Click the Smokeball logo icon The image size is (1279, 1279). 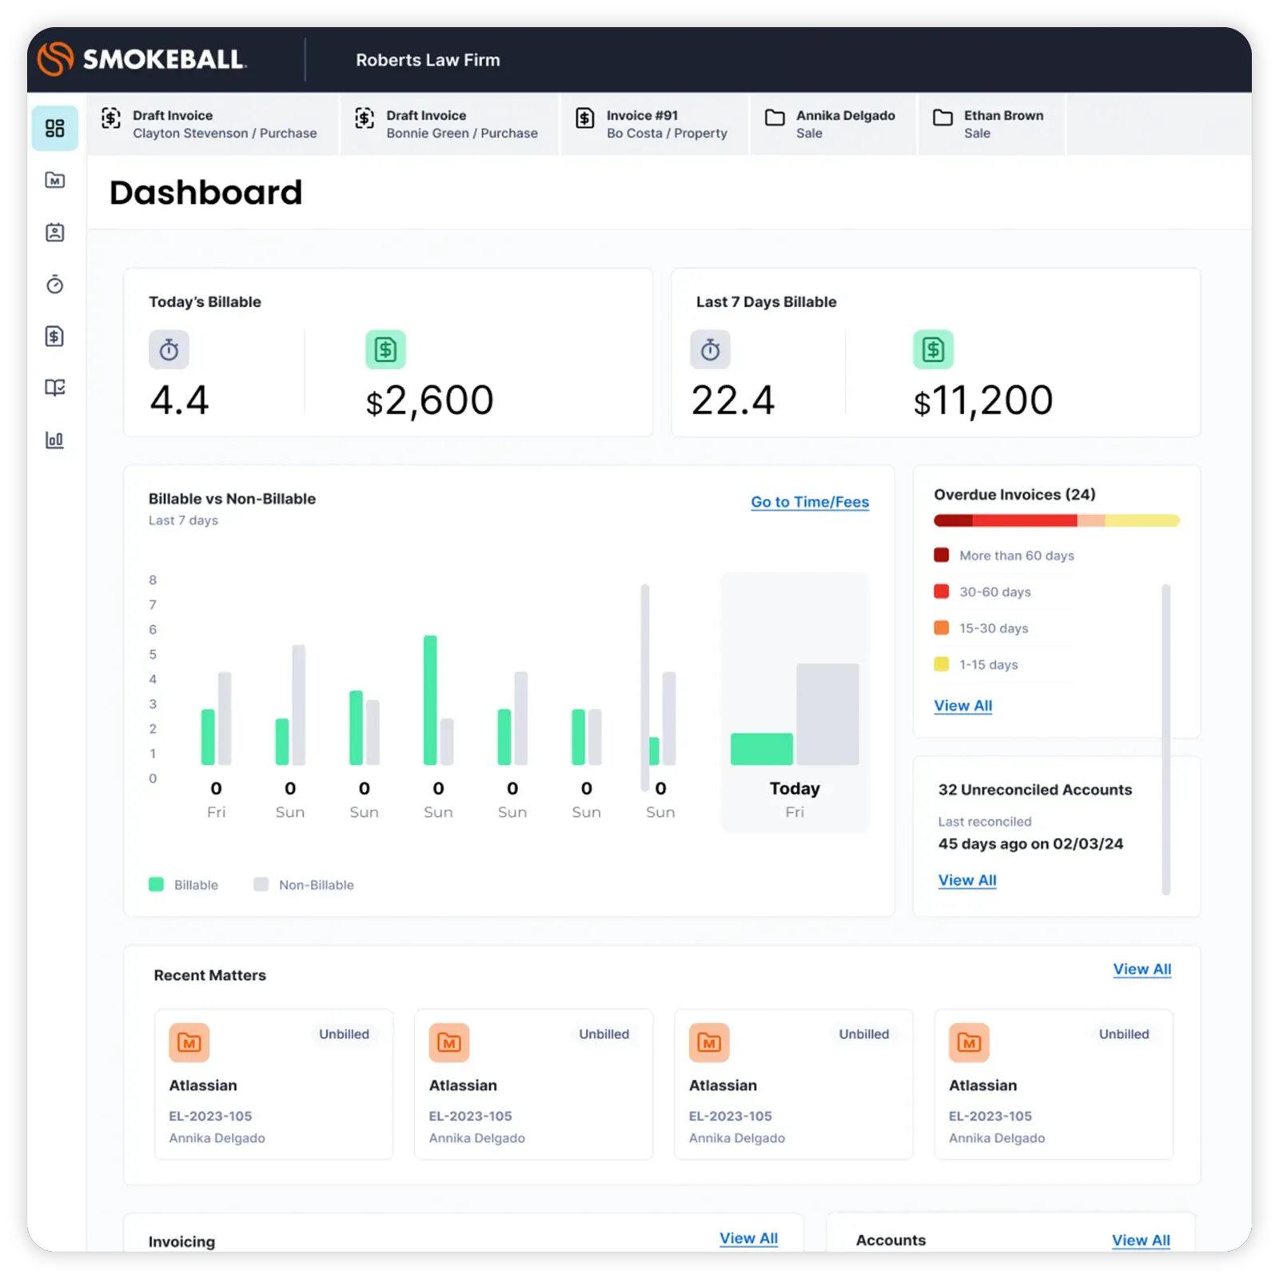pos(56,59)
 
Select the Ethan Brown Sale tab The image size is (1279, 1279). pos(990,124)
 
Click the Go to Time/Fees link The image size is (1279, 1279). pos(809,502)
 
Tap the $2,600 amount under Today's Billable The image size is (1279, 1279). pos(429,400)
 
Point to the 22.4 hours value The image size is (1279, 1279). pos(732,400)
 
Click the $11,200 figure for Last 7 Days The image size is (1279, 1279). pos(983,400)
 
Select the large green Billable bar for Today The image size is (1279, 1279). pos(761,749)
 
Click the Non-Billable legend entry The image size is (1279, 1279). pos(316,885)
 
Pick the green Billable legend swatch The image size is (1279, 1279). pos(157,884)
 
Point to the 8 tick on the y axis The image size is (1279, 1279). pos(153,580)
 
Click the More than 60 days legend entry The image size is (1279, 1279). pos(1016,556)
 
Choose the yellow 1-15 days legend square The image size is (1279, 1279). pos(942,664)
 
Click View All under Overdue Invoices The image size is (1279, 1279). pos(962,706)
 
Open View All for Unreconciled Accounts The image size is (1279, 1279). pos(967,880)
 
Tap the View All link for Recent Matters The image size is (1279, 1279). pos(1142,969)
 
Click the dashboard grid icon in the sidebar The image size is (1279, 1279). pos(55,128)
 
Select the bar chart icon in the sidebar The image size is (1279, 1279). pos(55,440)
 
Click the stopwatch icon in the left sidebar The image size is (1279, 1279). pos(55,285)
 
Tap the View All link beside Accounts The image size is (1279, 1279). pos(1141,1240)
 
